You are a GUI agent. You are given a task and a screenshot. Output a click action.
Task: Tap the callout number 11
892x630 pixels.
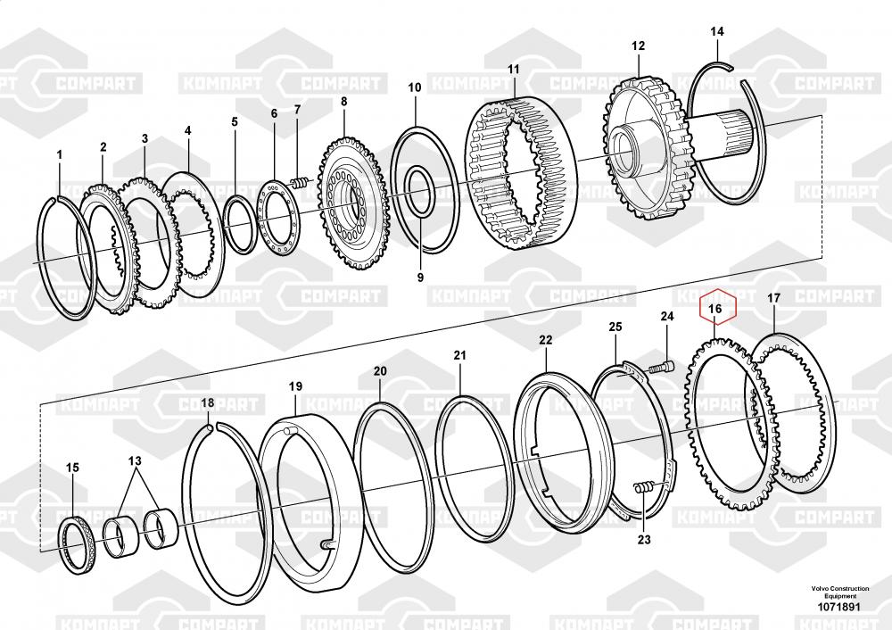coord(513,69)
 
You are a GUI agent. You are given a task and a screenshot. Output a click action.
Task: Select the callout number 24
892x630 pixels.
coord(667,316)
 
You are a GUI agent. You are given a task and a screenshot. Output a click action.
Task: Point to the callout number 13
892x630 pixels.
coord(135,460)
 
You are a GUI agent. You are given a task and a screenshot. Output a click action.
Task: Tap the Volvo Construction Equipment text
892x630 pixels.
coord(839,592)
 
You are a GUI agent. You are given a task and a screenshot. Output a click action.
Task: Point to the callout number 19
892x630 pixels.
coord(295,386)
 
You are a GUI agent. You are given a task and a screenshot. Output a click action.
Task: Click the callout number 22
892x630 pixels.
coord(545,340)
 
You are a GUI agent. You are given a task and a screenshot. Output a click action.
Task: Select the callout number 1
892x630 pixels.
coord(60,155)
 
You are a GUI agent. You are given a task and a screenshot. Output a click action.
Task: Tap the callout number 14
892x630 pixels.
coord(716,32)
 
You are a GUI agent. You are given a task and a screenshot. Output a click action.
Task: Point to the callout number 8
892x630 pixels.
coord(343,102)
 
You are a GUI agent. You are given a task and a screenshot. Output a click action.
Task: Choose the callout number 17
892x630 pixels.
coord(773,298)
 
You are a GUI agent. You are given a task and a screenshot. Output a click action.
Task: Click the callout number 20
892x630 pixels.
coord(380,370)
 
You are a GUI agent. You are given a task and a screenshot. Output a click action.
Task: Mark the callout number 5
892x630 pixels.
coord(235,121)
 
